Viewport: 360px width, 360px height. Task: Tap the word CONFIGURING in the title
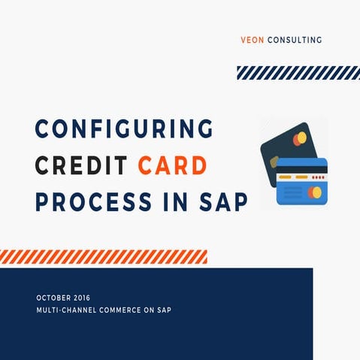point(124,129)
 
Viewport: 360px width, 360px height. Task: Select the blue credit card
point(301,181)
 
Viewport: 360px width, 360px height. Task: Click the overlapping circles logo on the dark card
point(301,138)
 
